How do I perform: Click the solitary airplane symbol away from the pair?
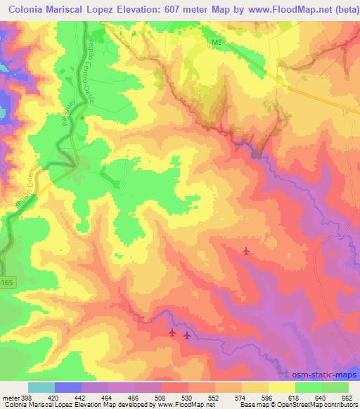coord(245,251)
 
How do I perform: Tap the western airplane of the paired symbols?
coord(173,332)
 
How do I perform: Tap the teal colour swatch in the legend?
coord(41,387)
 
